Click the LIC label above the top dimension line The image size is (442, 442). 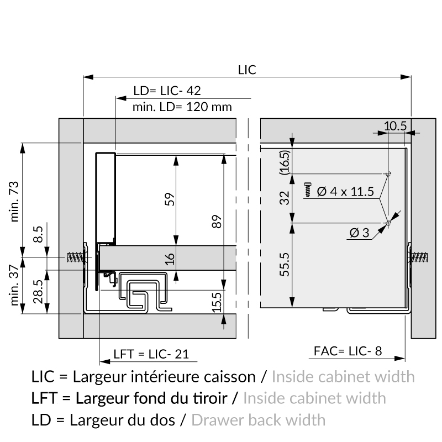click(247, 70)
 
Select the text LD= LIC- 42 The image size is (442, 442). click(167, 91)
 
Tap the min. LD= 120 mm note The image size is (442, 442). click(182, 107)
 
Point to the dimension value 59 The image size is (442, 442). click(170, 199)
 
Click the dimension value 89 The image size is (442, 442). click(217, 222)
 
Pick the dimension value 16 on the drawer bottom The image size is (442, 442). click(170, 259)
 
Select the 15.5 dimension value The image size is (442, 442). click(217, 302)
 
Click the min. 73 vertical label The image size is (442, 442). click(14, 201)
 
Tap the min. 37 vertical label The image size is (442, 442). click(14, 285)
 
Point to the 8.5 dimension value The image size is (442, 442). click(38, 234)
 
